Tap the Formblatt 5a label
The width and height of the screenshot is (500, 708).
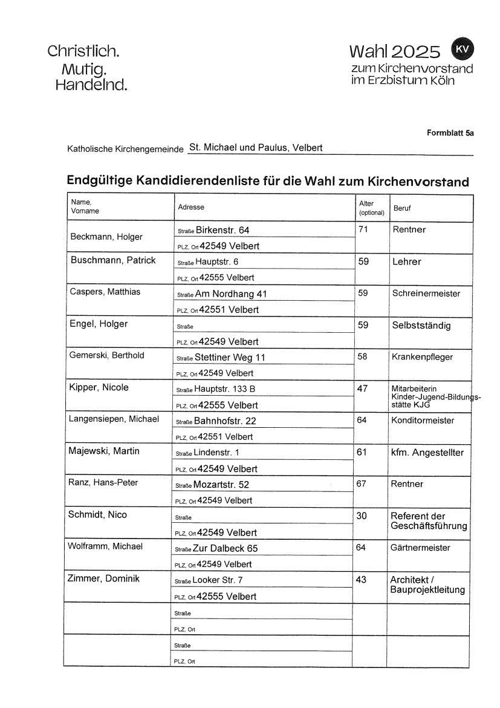click(x=450, y=133)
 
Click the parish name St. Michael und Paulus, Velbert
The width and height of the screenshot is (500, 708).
click(x=256, y=147)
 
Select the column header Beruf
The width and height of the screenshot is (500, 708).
click(x=402, y=208)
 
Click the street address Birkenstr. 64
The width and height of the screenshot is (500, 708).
click(x=222, y=230)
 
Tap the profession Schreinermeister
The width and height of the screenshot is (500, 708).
click(x=426, y=293)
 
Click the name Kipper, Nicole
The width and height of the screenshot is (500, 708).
click(x=100, y=387)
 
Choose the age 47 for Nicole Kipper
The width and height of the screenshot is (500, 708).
click(x=363, y=388)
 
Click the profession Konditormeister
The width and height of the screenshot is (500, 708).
click(x=423, y=421)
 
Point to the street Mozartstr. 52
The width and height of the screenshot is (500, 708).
click(x=221, y=485)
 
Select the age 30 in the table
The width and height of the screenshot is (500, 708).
click(x=363, y=516)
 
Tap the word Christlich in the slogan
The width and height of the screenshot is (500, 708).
click(x=83, y=51)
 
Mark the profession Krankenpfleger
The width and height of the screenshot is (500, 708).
click(x=423, y=357)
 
